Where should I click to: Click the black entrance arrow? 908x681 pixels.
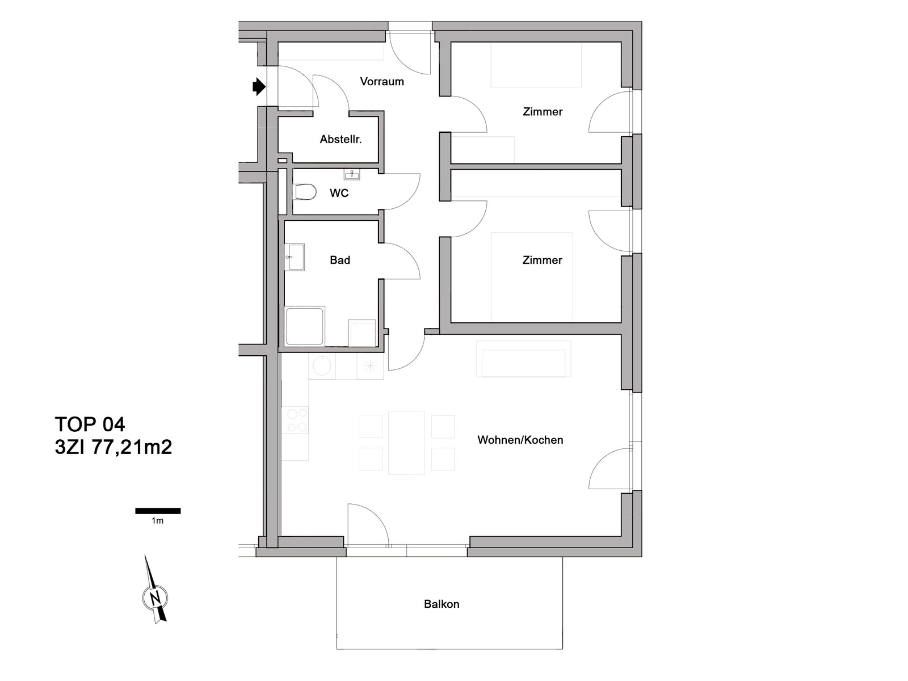[259, 87]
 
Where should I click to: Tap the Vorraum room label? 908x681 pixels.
[382, 82]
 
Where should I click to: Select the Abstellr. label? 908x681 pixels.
[340, 140]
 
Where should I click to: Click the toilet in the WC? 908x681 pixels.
[306, 192]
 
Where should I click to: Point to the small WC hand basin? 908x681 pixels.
[352, 174]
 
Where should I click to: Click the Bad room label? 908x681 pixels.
[340, 260]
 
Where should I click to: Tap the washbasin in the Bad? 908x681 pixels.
[294, 257]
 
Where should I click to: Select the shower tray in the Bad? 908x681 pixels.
[305, 326]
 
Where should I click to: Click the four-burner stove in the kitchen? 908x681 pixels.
[295, 420]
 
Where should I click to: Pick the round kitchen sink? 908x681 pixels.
[321, 366]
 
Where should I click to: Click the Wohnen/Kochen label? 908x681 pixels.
[520, 440]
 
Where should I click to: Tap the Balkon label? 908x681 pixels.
[442, 604]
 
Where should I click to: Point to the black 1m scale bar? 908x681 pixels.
[158, 511]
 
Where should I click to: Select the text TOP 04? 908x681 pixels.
[90, 424]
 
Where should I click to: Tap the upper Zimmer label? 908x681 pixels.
[543, 112]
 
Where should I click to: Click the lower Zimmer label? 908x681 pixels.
[542, 260]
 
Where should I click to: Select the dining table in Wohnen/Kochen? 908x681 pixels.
[406, 443]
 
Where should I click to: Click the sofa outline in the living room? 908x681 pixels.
[523, 359]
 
